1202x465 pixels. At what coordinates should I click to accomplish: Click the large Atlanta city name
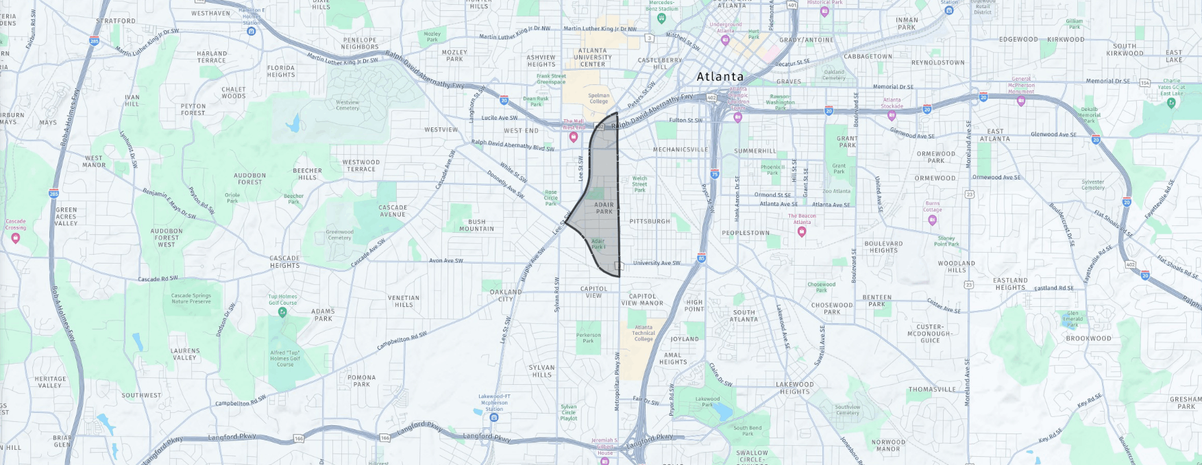point(720,77)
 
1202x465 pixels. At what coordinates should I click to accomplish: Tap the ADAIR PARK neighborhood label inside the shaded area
point(604,208)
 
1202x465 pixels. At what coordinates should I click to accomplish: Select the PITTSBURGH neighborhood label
point(650,222)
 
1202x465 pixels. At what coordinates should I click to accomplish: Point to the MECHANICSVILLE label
point(680,149)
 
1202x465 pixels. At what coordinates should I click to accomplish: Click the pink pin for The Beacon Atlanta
point(802,231)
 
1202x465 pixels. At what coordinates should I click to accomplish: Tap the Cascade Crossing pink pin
point(16,238)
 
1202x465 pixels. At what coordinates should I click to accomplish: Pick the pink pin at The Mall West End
point(574,137)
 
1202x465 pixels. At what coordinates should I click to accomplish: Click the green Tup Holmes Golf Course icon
point(282,312)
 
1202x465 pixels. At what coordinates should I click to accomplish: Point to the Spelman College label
point(599,99)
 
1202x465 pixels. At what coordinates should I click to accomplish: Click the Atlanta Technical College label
point(643,334)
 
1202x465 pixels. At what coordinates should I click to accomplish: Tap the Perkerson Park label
point(588,338)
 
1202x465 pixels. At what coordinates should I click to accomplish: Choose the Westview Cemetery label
point(347,105)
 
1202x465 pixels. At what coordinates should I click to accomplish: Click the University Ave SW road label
point(657,263)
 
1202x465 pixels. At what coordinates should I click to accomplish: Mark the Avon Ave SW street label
point(446,260)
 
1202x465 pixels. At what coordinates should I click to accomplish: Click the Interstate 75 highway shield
point(714,174)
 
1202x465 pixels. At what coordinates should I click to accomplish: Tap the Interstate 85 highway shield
point(701,258)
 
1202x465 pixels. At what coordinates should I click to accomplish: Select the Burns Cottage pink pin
point(932,220)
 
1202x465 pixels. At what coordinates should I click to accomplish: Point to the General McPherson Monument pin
point(1021,101)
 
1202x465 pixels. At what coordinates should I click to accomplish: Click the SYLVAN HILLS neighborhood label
point(541,371)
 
